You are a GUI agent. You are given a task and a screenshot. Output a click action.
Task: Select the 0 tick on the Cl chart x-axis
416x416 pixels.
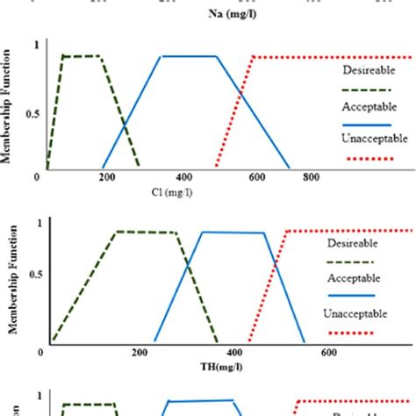[39, 177]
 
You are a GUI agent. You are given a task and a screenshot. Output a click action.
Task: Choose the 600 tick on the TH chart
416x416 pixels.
[329, 354]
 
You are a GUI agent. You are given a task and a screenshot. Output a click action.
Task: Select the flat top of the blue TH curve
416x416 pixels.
[233, 233]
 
